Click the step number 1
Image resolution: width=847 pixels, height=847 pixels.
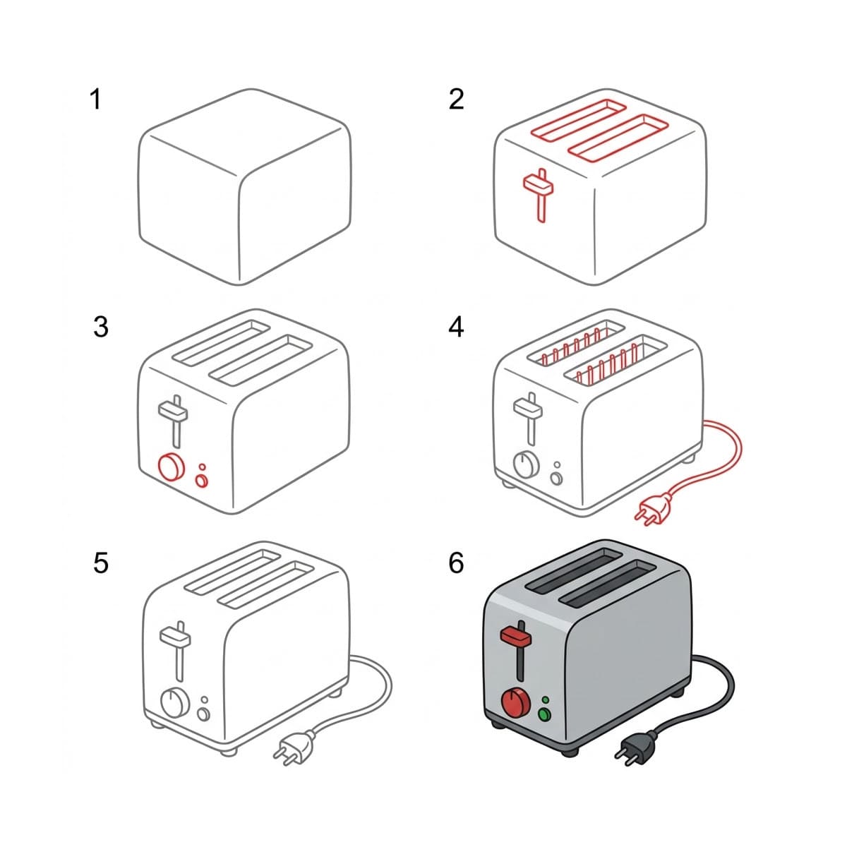click(x=95, y=99)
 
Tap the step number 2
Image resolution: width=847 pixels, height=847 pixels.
click(x=457, y=99)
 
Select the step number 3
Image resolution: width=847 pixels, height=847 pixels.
click(x=101, y=327)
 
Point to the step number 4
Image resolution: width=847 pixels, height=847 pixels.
click(x=457, y=327)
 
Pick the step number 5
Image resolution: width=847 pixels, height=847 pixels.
click(x=101, y=563)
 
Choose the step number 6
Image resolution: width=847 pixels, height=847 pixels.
click(x=457, y=563)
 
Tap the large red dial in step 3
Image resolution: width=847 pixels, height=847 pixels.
click(x=171, y=467)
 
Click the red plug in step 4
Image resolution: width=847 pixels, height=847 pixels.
click(x=650, y=511)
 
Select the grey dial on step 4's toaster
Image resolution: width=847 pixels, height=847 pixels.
click(x=526, y=464)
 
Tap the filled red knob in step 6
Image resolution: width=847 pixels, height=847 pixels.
click(x=516, y=702)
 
